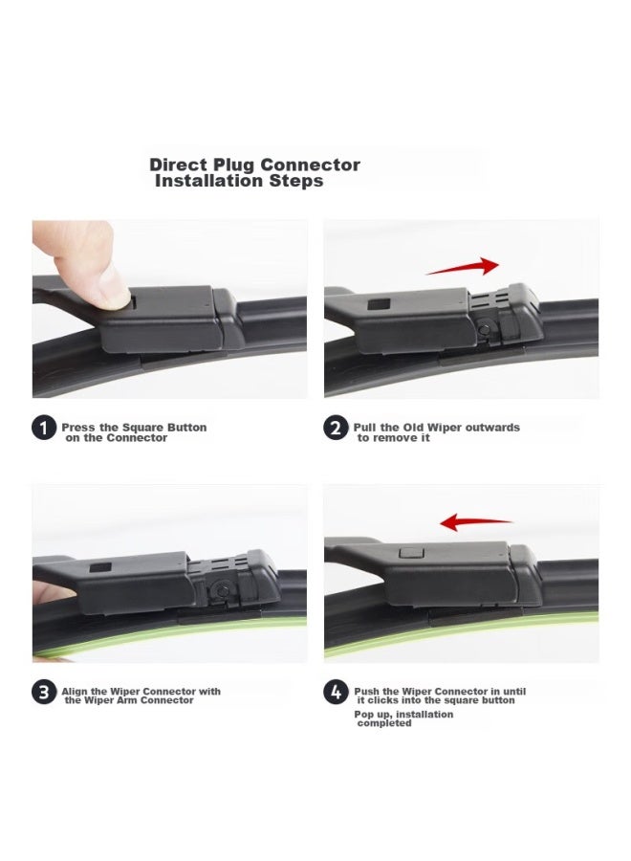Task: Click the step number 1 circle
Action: click(44, 429)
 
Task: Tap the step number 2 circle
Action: click(336, 429)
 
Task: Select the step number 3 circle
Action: click(44, 693)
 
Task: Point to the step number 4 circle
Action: click(336, 693)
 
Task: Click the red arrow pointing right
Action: click(463, 267)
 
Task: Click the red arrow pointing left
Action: click(476, 521)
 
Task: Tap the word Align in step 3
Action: click(75, 692)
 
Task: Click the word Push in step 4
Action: click(367, 692)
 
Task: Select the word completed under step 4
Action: click(384, 724)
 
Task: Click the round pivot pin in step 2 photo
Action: click(484, 329)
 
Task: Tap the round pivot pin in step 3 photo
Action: click(222, 591)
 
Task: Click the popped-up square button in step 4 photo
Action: click(410, 552)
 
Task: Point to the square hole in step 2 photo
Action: click(380, 304)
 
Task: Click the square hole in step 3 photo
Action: click(100, 567)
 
